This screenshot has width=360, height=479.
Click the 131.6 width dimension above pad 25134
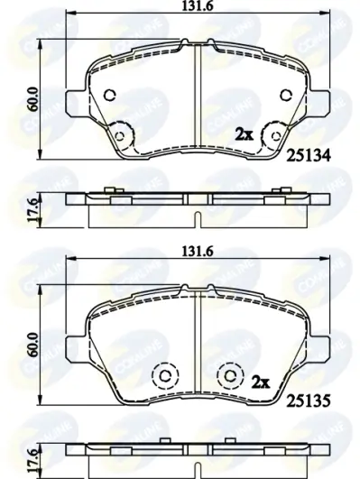point(198,10)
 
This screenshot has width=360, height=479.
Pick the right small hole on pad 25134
point(286,97)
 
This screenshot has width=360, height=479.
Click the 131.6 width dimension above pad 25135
point(198,253)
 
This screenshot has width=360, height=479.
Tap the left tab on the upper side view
point(108,189)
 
